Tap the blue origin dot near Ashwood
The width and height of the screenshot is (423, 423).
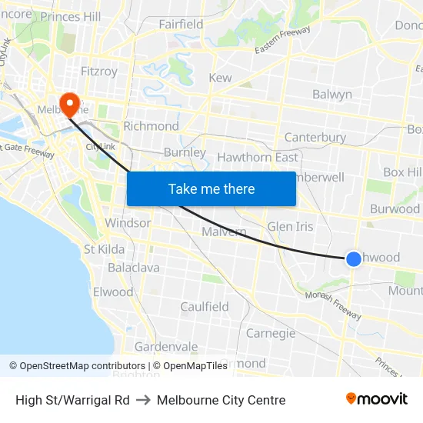(x=354, y=259)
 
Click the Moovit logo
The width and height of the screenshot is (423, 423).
(x=377, y=399)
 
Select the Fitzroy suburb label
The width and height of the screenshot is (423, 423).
(x=99, y=72)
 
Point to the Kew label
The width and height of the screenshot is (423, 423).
(x=220, y=78)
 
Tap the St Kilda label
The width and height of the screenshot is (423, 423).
(x=105, y=249)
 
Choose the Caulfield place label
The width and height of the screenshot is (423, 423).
(x=204, y=307)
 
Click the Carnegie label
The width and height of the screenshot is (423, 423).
(x=271, y=333)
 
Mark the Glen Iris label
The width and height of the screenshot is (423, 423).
(x=290, y=227)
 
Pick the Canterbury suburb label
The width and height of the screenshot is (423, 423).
(x=315, y=137)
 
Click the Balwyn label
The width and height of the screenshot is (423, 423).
(x=332, y=95)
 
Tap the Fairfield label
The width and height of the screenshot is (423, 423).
(x=181, y=25)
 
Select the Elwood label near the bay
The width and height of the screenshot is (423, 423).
(x=113, y=292)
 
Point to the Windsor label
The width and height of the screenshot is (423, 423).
(x=128, y=223)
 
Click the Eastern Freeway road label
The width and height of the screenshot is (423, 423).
(x=284, y=40)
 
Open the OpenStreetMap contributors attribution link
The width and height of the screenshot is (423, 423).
(x=77, y=366)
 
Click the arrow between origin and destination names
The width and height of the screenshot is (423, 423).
(x=143, y=400)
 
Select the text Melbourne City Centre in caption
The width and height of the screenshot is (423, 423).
(x=221, y=400)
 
